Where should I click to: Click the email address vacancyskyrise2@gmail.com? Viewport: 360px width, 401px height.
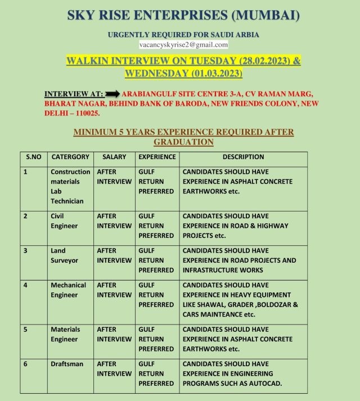[183, 44]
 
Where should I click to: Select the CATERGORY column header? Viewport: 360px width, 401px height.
[70, 157]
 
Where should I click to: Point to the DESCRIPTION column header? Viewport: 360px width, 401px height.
[243, 157]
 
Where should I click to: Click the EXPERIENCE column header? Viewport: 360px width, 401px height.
[157, 157]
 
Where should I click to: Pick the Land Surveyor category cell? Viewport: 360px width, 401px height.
[64, 255]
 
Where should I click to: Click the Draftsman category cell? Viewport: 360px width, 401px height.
[67, 364]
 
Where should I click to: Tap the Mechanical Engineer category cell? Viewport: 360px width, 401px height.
[68, 290]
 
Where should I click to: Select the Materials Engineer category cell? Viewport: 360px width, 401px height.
[65, 334]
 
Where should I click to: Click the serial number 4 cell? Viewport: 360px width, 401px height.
[25, 285]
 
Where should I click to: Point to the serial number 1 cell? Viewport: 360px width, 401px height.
[25, 172]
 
